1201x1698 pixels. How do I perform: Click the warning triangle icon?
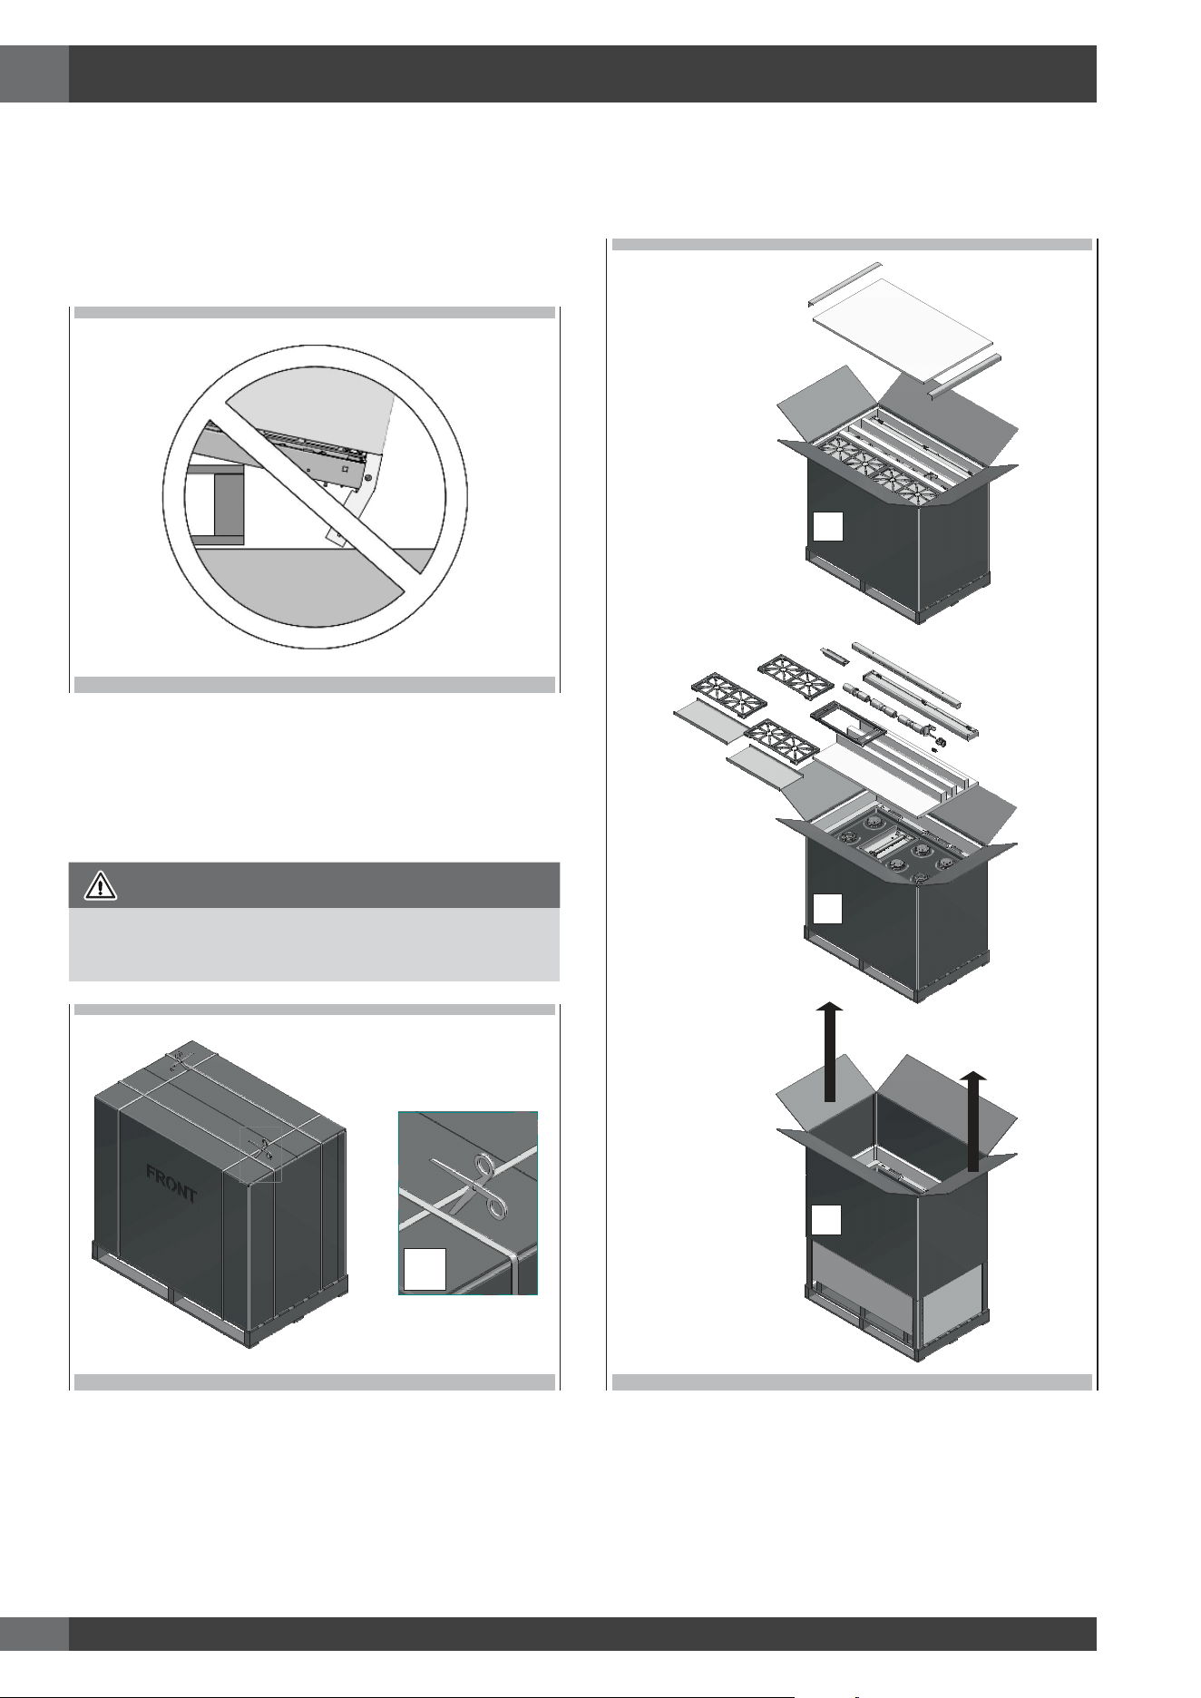[x=101, y=885]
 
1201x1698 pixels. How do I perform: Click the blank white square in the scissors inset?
[x=424, y=1268]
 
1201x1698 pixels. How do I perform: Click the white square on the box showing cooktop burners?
[x=827, y=909]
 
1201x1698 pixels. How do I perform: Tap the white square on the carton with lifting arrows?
[x=826, y=1220]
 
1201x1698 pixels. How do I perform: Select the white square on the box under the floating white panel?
[x=827, y=527]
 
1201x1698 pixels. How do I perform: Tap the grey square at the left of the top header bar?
[x=34, y=73]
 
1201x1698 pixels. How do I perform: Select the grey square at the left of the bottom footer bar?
[x=34, y=1634]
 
